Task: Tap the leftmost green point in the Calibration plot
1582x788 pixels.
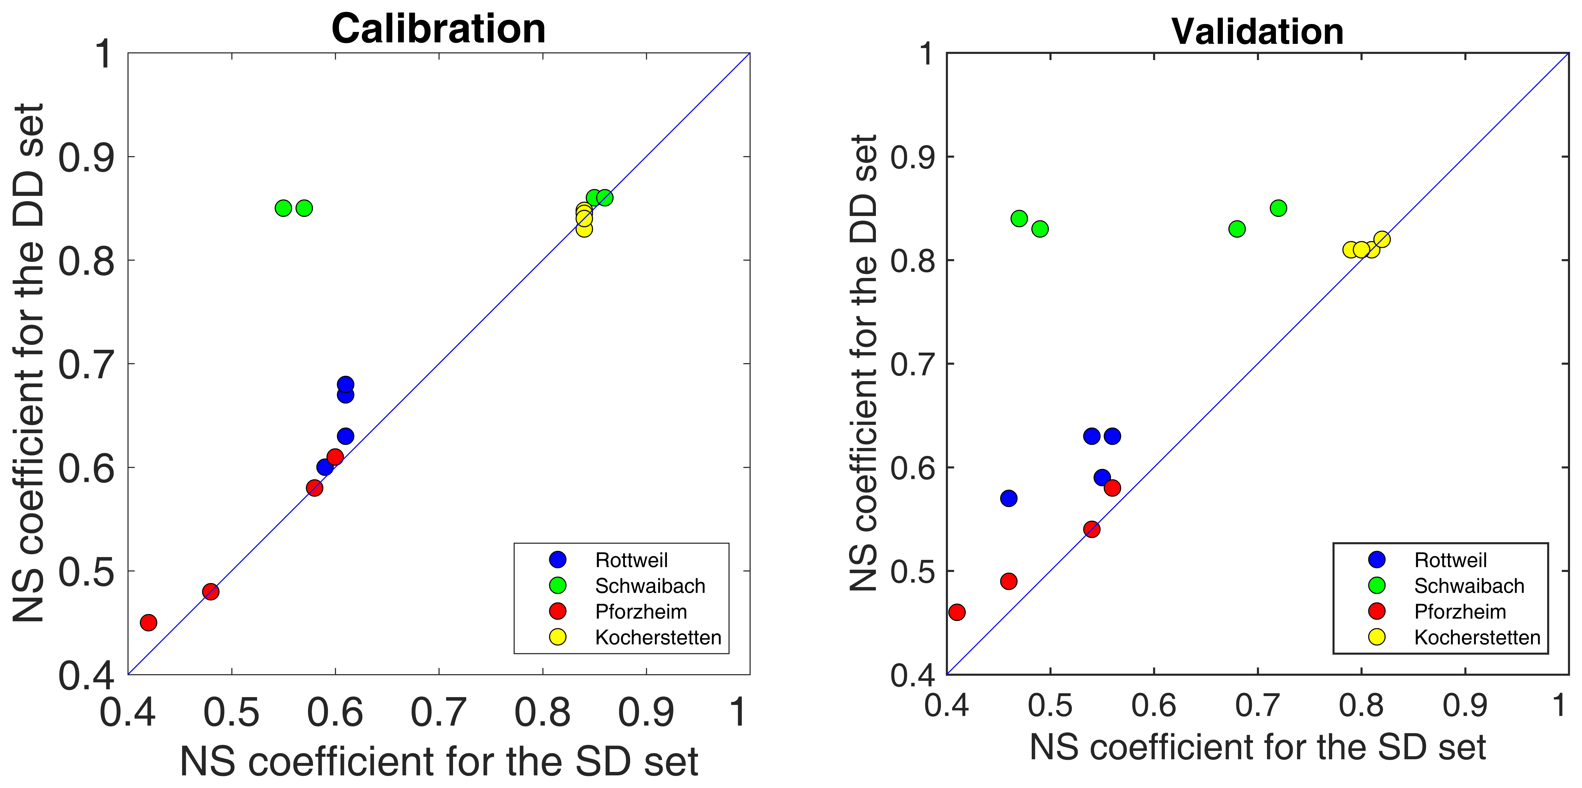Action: click(283, 208)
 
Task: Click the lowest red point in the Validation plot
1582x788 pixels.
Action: click(957, 612)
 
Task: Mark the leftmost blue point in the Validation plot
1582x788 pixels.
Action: click(1008, 498)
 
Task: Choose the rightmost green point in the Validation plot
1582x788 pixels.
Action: click(1278, 208)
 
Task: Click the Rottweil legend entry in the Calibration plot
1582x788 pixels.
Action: click(631, 560)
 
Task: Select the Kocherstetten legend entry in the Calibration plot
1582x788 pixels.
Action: click(658, 638)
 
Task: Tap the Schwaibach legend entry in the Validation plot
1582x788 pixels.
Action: click(1469, 586)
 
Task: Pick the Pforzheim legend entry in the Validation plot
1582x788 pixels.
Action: click(1460, 612)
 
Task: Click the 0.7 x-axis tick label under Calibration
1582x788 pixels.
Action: click(438, 713)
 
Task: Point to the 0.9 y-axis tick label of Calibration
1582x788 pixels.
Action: click(86, 157)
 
